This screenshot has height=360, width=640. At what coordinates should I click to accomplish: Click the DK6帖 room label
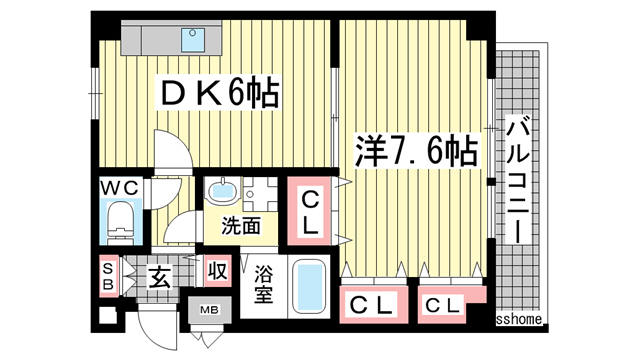point(219,96)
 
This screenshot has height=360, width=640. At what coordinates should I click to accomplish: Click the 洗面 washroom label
point(241,226)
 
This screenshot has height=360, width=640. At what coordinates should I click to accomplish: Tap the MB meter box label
point(212,311)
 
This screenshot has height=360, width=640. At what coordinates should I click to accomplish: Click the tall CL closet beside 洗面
point(312,212)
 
